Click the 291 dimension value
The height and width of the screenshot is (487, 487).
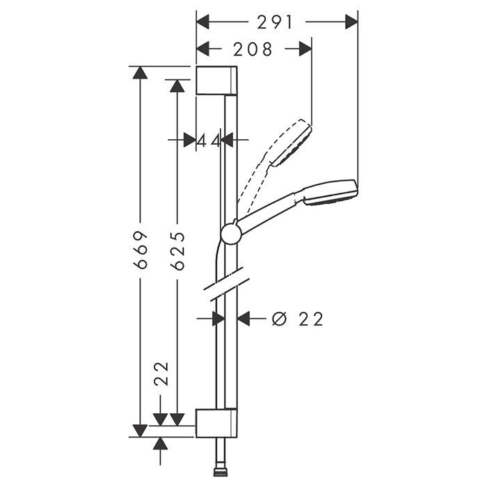coord(275,22)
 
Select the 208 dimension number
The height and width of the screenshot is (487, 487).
coord(253,49)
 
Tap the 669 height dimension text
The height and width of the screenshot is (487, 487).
coord(140,250)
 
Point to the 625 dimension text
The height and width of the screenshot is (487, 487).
coord(177,250)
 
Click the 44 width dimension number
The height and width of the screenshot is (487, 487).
coord(209,141)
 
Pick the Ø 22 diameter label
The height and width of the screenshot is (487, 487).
coord(298,319)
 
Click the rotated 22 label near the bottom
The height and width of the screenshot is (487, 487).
coord(161,374)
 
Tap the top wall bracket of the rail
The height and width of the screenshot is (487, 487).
coord(216,81)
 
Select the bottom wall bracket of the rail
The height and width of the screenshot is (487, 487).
coord(216,423)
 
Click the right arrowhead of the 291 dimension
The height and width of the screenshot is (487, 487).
coord(351,22)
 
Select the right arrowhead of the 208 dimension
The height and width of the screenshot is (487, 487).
coord(305,49)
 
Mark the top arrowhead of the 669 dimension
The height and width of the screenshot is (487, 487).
coord(140,72)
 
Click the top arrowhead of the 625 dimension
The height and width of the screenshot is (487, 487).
coord(177,86)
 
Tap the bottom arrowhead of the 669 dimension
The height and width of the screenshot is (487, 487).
coord(140,431)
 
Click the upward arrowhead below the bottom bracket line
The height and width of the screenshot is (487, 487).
coord(160,444)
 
